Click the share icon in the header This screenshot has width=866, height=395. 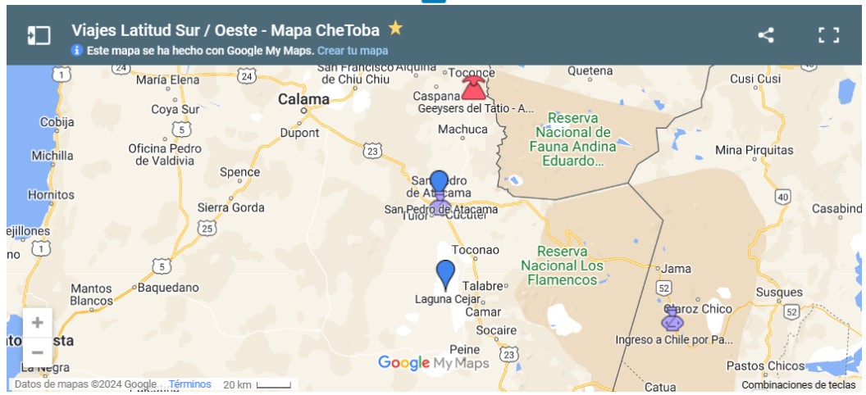coord(765,35)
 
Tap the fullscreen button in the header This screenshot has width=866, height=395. coord(828,35)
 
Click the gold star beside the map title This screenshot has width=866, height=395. coord(395,29)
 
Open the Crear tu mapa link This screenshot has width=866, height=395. coord(353,51)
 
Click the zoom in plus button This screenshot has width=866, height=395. coord(37,323)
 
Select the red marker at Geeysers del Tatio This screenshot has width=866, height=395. coord(473,87)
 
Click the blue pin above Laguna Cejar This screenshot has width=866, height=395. coord(445,275)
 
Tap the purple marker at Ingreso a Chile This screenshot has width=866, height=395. coord(672,318)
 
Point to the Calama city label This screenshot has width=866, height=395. coord(303,99)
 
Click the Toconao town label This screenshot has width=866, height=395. coord(476,249)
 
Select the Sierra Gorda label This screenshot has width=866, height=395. coord(230,207)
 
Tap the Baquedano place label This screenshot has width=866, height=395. coord(168,288)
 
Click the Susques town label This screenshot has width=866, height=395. coord(779,292)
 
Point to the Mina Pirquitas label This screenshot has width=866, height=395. coord(754,150)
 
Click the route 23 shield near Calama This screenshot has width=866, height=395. coord(373,151)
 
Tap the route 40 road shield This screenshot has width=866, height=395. coord(783,197)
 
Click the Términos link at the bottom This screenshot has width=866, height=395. coord(190,384)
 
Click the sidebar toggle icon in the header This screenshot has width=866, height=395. coord(39,35)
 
